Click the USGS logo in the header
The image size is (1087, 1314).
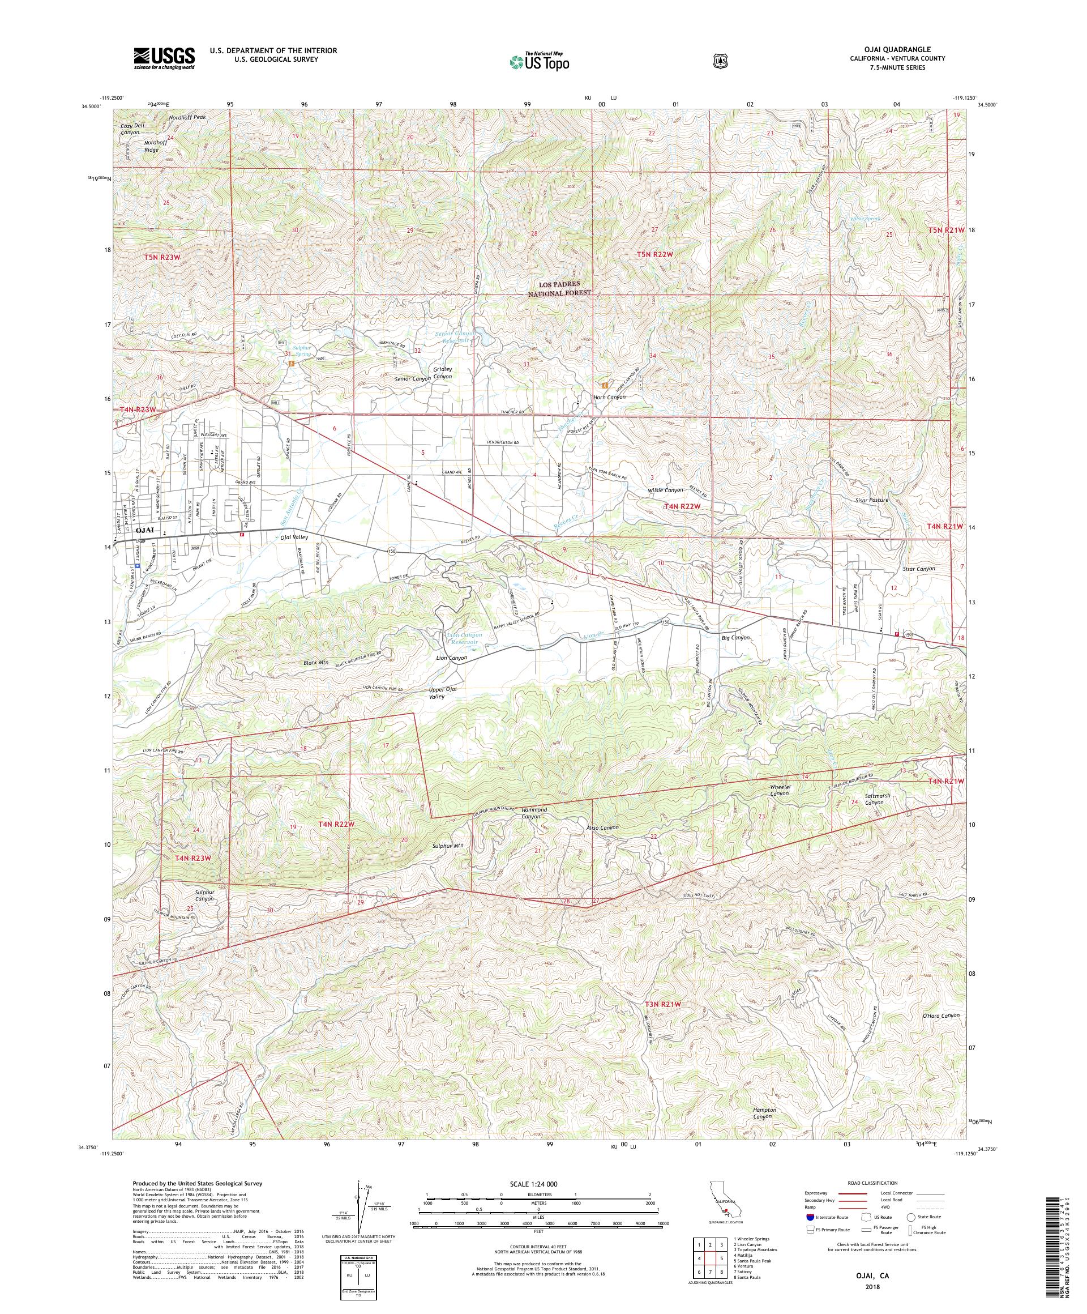pos(164,58)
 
